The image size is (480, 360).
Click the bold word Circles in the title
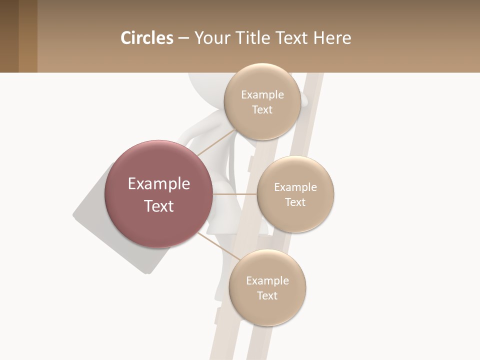coord(146,38)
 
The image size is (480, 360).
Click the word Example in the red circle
coord(159,184)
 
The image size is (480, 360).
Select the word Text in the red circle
coord(159,206)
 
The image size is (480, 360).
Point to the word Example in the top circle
coord(262,95)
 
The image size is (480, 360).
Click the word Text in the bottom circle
coord(267,295)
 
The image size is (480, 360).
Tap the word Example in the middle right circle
coord(295,187)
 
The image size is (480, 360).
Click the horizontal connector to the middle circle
coord(234,193)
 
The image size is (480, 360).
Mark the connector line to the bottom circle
coord(217,246)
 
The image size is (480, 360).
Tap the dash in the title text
coord(183,38)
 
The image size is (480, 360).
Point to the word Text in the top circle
coord(262,110)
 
